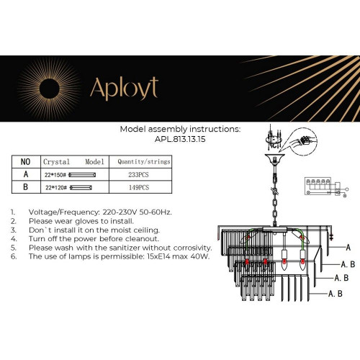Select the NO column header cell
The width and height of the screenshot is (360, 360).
pos(25,162)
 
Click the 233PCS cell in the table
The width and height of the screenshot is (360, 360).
pos(140,174)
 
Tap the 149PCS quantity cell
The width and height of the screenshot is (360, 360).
pos(140,187)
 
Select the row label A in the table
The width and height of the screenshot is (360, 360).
pos(25,174)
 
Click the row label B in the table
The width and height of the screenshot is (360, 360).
pos(25,187)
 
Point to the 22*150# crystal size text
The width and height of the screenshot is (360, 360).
pos(55,174)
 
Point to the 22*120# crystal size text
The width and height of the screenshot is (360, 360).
pos(55,187)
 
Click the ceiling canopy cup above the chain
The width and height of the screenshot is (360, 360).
pos(274,159)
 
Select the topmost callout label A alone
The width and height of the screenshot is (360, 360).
pos(347,247)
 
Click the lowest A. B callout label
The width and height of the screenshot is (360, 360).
pos(335,294)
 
